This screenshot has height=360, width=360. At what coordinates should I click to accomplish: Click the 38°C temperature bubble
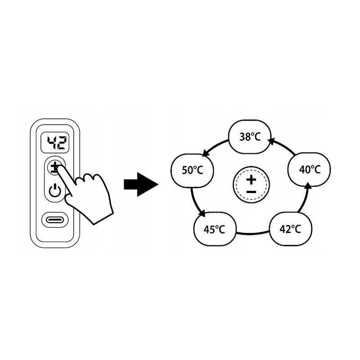[x=250, y=137]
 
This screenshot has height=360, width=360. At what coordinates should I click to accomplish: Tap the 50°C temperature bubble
[x=193, y=171]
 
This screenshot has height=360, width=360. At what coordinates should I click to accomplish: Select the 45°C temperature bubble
[x=215, y=229]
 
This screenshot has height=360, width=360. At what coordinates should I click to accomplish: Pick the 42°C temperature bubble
[x=291, y=229]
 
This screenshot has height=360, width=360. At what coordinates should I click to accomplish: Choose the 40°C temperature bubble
[x=309, y=170]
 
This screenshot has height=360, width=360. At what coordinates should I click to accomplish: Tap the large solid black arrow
[x=141, y=184]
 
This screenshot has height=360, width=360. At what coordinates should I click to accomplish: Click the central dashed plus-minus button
[x=251, y=184]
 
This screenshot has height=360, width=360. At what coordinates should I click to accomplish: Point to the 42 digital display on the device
[x=55, y=143]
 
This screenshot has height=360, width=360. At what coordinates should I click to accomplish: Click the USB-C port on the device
[x=55, y=220]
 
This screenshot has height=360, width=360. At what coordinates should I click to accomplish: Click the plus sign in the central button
[x=251, y=180]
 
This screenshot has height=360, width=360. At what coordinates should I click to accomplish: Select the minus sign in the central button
[x=252, y=192]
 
